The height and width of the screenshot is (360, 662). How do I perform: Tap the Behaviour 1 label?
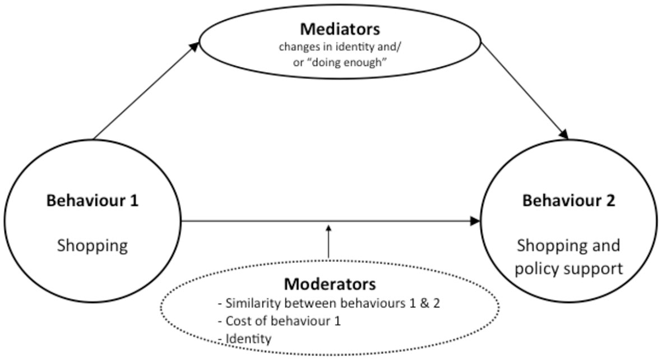pos(92,201)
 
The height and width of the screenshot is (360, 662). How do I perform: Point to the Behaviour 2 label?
pos(569,201)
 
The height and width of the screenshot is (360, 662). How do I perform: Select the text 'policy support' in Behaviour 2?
pos(569,268)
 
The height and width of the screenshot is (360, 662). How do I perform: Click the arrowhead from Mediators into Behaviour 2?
pos(563,135)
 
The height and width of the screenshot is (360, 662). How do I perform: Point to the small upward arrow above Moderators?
pos(329,241)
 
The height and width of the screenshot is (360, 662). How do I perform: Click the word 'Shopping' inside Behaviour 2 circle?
pos(569,246)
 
